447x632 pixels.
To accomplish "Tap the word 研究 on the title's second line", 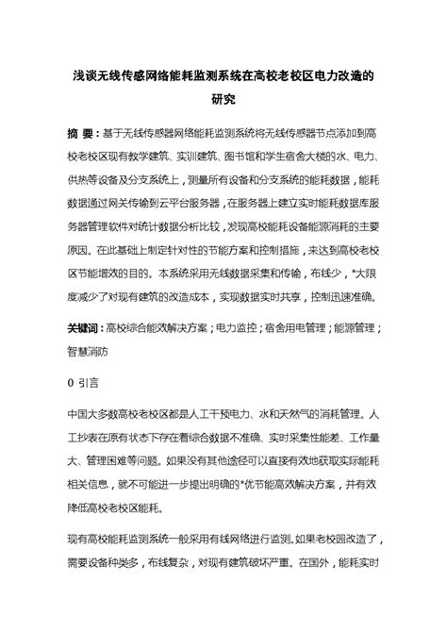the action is coord(223,98).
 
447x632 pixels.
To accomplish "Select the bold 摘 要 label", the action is coord(80,134).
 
